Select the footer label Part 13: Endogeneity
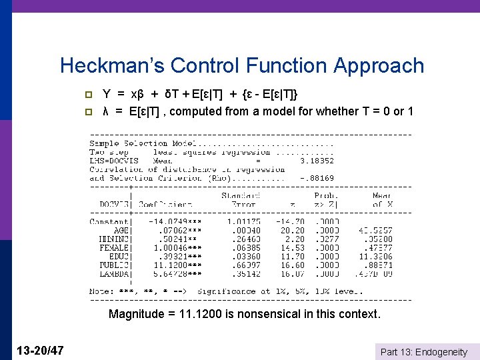(423, 351)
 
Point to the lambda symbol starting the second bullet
(105, 111)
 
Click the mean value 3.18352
(317, 161)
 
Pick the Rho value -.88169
(317, 178)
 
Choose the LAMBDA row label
(115, 273)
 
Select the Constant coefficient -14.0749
(170, 221)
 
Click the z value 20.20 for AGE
(293, 230)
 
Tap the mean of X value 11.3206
(375, 256)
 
